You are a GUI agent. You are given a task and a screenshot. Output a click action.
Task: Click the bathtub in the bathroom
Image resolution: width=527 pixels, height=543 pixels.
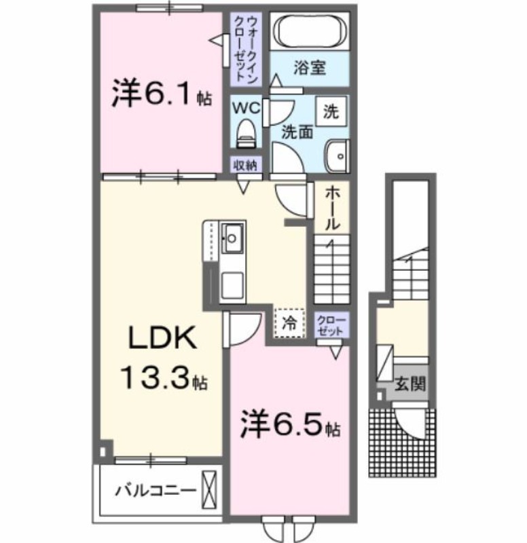[310, 31]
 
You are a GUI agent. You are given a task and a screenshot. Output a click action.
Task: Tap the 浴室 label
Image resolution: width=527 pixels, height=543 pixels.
[310, 68]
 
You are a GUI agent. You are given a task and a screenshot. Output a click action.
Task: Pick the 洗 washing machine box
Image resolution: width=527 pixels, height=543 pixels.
[330, 111]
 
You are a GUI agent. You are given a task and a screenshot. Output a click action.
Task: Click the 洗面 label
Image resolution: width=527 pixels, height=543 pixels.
[297, 132]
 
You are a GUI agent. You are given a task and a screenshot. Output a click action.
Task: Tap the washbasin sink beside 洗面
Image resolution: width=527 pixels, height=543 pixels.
[335, 155]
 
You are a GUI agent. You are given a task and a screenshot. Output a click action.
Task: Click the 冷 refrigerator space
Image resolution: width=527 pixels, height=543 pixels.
[289, 323]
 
